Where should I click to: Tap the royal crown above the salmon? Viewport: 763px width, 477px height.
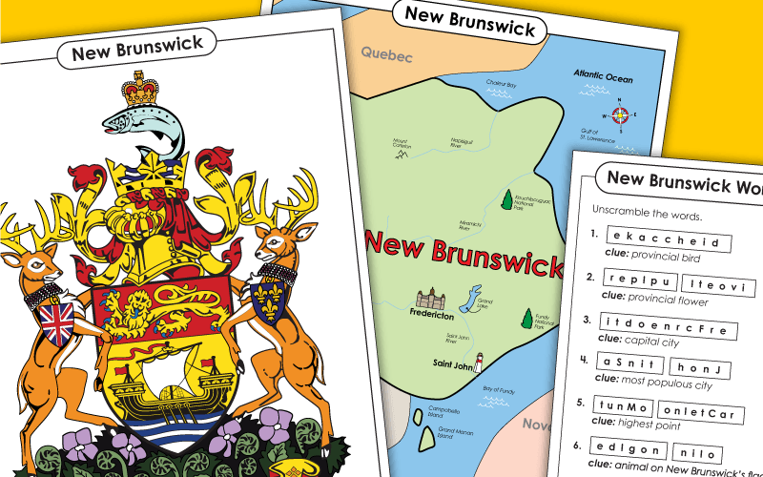pyautogui.click(x=140, y=90)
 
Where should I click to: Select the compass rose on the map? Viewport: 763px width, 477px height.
pyautogui.click(x=621, y=116)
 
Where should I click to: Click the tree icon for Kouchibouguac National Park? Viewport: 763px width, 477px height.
pyautogui.click(x=506, y=200)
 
